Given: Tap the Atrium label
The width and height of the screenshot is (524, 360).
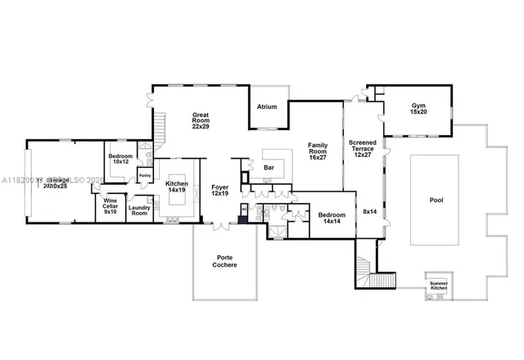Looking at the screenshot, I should [267, 106].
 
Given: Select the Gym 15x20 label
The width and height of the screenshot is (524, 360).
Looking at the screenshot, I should [418, 107].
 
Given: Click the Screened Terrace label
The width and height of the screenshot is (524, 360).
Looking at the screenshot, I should [363, 147].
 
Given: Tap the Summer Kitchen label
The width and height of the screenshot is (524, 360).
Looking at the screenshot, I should [439, 286].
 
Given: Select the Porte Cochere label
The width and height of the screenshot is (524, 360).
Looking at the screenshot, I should [224, 261].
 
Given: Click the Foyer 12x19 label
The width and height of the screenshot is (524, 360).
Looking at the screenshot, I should [220, 190].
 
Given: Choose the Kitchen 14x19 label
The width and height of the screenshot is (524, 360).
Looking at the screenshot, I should [178, 187].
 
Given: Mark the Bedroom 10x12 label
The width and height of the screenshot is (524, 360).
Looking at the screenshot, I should [121, 159].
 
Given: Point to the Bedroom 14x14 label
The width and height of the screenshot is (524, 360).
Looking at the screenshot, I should [332, 218].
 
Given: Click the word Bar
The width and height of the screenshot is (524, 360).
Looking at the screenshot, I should [269, 168].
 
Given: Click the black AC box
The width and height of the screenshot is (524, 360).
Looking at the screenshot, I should [243, 209].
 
